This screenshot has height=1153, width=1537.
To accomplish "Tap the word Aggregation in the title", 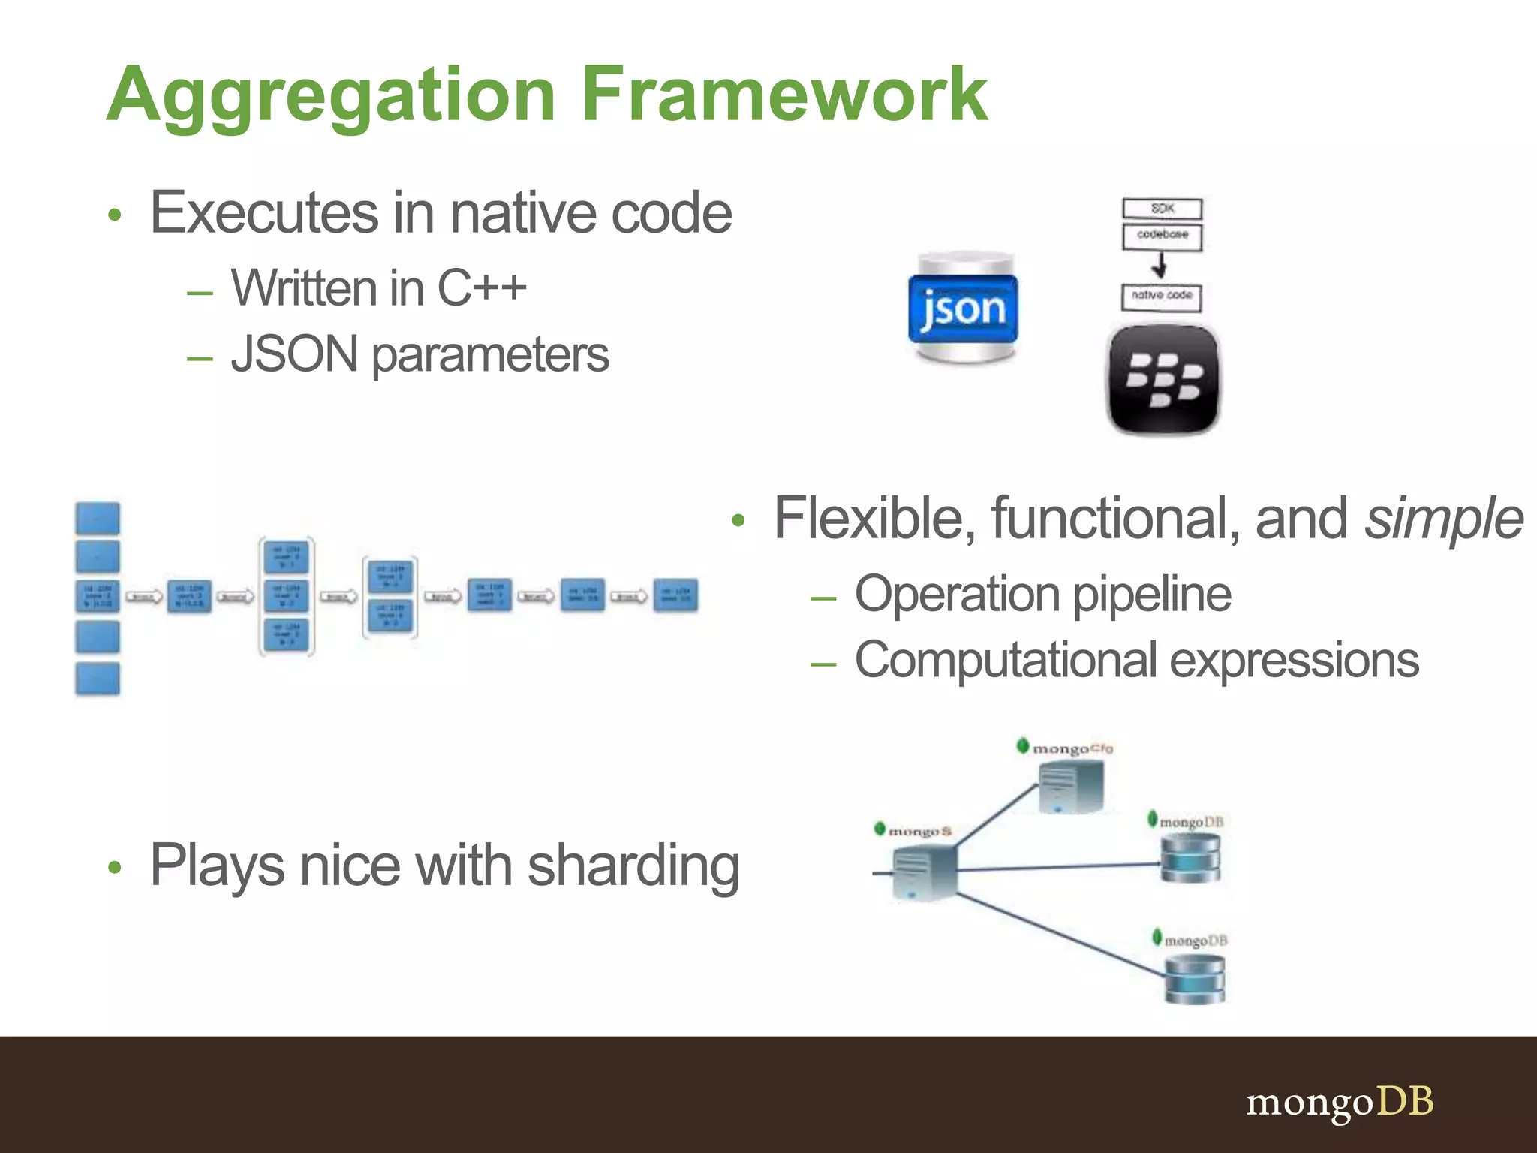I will [x=330, y=96].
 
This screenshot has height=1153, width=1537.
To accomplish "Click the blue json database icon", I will [x=963, y=308].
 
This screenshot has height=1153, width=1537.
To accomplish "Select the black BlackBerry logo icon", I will [x=1163, y=379].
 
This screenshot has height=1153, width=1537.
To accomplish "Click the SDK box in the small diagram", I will [x=1162, y=209].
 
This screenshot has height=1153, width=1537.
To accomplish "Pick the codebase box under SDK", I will [x=1162, y=236].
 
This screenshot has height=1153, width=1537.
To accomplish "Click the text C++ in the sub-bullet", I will [x=482, y=287].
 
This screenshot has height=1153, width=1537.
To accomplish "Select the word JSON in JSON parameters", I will [x=295, y=354].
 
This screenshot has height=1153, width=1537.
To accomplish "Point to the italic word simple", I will [x=1443, y=518].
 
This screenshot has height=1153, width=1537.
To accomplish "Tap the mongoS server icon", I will [x=925, y=872].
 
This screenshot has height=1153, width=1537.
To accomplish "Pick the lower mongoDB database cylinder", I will [x=1194, y=979].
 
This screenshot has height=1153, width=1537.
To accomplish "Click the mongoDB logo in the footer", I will [x=1340, y=1102].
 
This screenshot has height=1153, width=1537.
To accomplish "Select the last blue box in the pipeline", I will [x=675, y=595].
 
